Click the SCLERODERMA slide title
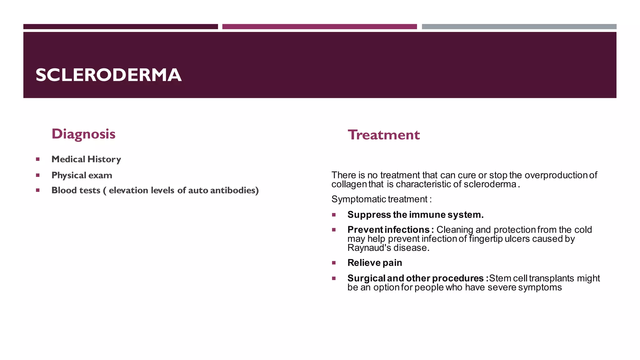coord(108,75)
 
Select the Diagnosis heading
coord(83,134)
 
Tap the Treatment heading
coord(383,135)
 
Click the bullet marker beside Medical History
coord(38,159)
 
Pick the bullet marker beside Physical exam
coord(38,175)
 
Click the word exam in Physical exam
coord(101,175)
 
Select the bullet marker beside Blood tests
coord(38,190)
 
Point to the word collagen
coord(349,184)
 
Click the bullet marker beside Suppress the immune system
coord(334,215)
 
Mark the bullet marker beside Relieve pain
coord(334,263)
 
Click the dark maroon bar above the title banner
coord(121,27)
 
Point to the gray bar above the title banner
coord(519,27)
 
